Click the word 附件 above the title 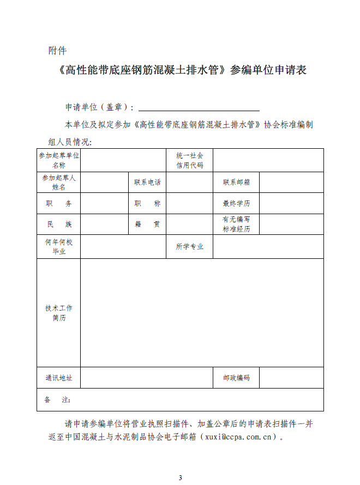point(57,51)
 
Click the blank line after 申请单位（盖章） point(199,107)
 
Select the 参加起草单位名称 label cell point(59,160)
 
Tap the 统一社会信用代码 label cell point(189,160)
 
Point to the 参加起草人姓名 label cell point(59,182)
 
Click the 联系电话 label point(147,182)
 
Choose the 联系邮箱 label point(236,182)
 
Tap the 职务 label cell point(59,203)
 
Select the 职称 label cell point(147,203)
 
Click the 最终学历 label point(236,203)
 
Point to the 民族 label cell point(59,224)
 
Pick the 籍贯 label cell point(147,224)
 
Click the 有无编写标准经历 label point(236,224)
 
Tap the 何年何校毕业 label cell point(59,246)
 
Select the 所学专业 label point(189,246)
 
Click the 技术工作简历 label point(59,313)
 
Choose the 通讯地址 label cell point(59,378)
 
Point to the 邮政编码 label point(236,378)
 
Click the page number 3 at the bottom point(180,477)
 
